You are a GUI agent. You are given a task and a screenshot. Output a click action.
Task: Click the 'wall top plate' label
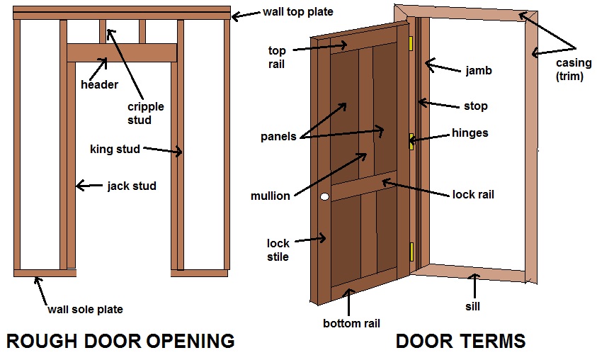pyautogui.click(x=297, y=12)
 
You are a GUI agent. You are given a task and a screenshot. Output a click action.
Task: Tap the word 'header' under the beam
pyautogui.click(x=99, y=85)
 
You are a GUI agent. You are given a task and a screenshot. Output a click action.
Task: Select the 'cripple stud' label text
pyautogui.click(x=145, y=113)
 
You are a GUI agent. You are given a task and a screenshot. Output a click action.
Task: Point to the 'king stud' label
pyautogui.click(x=115, y=149)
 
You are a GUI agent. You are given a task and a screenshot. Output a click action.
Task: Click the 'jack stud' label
pyautogui.click(x=132, y=186)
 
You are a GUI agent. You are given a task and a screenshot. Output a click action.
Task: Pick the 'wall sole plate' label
pyautogui.click(x=85, y=309)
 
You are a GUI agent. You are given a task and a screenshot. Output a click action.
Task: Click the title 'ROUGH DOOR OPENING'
pyautogui.click(x=120, y=341)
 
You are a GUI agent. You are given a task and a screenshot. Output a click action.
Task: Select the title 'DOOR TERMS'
pyautogui.click(x=460, y=341)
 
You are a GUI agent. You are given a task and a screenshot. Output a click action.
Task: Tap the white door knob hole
pyautogui.click(x=325, y=196)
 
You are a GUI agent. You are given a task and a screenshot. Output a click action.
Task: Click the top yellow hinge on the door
pyautogui.click(x=411, y=43)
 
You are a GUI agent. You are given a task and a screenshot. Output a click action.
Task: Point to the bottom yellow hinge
pyautogui.click(x=411, y=250)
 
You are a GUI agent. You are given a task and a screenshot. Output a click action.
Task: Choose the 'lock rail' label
pyautogui.click(x=473, y=194)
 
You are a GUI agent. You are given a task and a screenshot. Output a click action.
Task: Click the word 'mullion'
pyautogui.click(x=271, y=196)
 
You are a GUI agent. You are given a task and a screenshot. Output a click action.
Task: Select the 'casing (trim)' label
pyautogui.click(x=570, y=70)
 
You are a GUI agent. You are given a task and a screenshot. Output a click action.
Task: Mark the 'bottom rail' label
pyautogui.click(x=351, y=323)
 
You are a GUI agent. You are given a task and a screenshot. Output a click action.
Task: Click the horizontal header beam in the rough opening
pyautogui.click(x=122, y=53)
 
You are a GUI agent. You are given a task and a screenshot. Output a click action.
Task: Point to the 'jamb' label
pyautogui.click(x=478, y=71)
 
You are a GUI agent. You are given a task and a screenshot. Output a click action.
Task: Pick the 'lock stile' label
pyautogui.click(x=278, y=249)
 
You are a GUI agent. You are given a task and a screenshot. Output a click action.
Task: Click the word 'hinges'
pyautogui.click(x=470, y=133)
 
